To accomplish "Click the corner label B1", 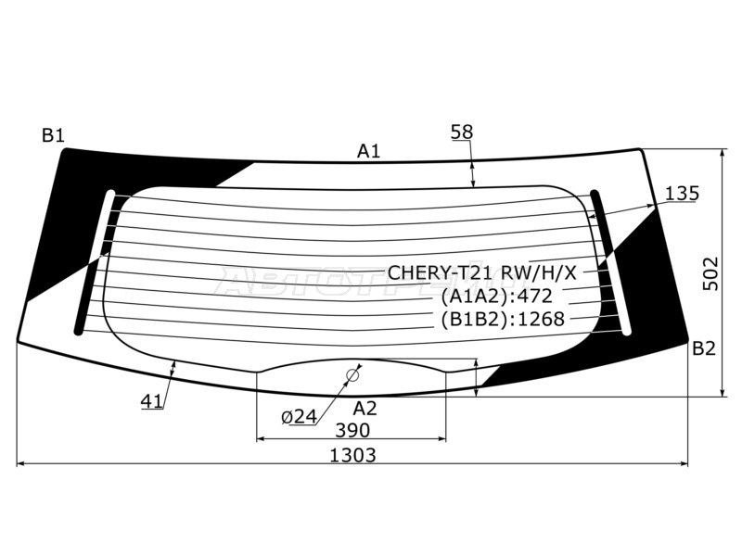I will pyautogui.click(x=53, y=136).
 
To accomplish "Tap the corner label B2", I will pyautogui.click(x=704, y=348).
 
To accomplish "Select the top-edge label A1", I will pyautogui.click(x=369, y=151).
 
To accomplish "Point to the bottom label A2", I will pyautogui.click(x=365, y=408).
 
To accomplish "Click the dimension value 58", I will pyautogui.click(x=462, y=132).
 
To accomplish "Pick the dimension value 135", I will pyautogui.click(x=682, y=194).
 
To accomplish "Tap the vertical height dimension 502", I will pyautogui.click(x=710, y=274).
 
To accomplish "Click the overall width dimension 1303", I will pyautogui.click(x=352, y=455).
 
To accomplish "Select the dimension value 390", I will pyautogui.click(x=352, y=430).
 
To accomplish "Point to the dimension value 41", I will pyautogui.click(x=152, y=401).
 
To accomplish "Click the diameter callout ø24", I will pyautogui.click(x=299, y=417).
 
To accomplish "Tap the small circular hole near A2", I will pyautogui.click(x=352, y=375).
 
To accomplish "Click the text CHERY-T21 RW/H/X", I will pyautogui.click(x=481, y=272).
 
